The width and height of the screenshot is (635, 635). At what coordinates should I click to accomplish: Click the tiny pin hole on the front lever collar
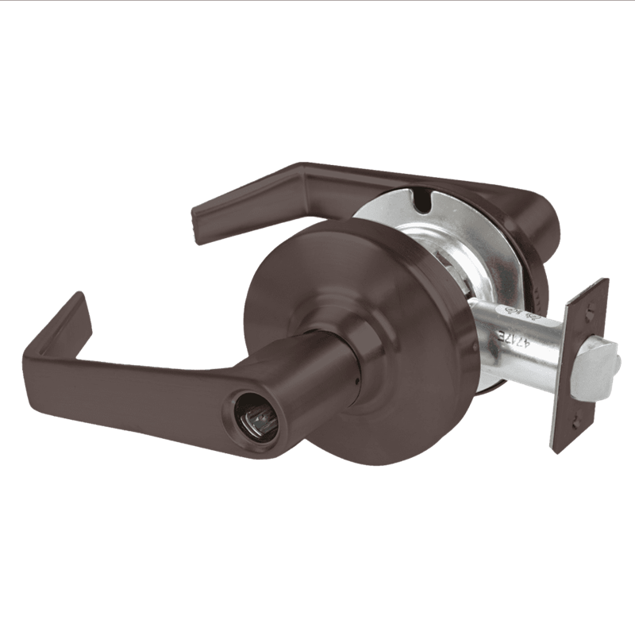(x=357, y=379)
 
